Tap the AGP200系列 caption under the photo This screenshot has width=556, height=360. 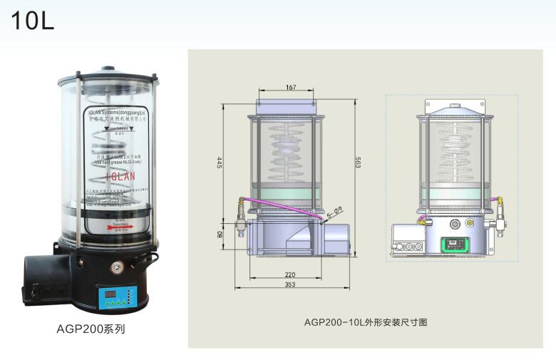pyautogui.click(x=91, y=329)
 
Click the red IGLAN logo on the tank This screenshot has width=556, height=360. pyautogui.click(x=118, y=175)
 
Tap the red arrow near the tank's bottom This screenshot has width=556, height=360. pyautogui.click(x=118, y=227)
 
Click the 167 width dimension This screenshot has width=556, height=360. pyautogui.click(x=291, y=88)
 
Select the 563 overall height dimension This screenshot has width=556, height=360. pyautogui.click(x=358, y=162)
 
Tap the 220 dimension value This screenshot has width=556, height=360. pyautogui.click(x=290, y=274)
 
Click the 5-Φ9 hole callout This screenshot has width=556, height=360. pyautogui.click(x=336, y=212)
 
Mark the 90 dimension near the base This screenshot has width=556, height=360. pyautogui.click(x=220, y=234)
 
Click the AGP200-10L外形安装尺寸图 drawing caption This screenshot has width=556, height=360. pyautogui.click(x=365, y=322)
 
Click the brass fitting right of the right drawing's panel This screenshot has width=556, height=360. pyautogui.click(x=469, y=223)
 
